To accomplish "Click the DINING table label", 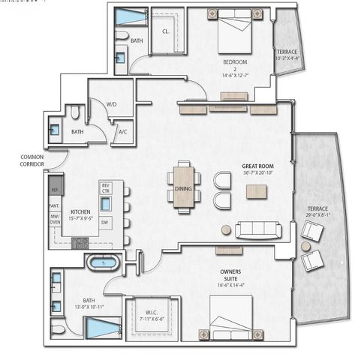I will pyautogui.click(x=183, y=190).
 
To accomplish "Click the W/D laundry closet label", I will pyautogui.click(x=111, y=105).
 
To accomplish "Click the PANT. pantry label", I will pyautogui.click(x=55, y=205).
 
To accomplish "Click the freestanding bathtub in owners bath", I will pyautogui.click(x=101, y=262).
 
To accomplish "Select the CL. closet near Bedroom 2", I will pyautogui.click(x=166, y=31).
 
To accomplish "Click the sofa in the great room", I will pyautogui.click(x=258, y=229).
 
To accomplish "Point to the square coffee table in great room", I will pyautogui.click(x=256, y=190).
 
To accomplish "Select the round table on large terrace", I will pyautogui.click(x=306, y=246).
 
